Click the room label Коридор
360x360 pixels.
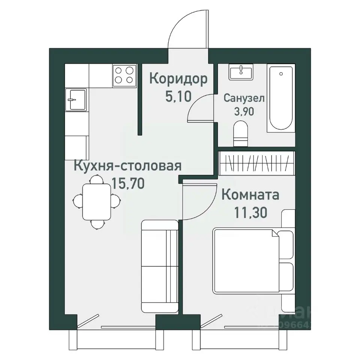[178, 79]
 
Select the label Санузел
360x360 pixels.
[244, 98]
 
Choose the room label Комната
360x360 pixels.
[250, 195]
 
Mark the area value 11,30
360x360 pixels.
[250, 213]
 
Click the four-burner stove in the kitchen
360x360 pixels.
[124, 75]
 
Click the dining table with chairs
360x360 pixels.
[96, 202]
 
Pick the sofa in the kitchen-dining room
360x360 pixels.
[159, 266]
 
